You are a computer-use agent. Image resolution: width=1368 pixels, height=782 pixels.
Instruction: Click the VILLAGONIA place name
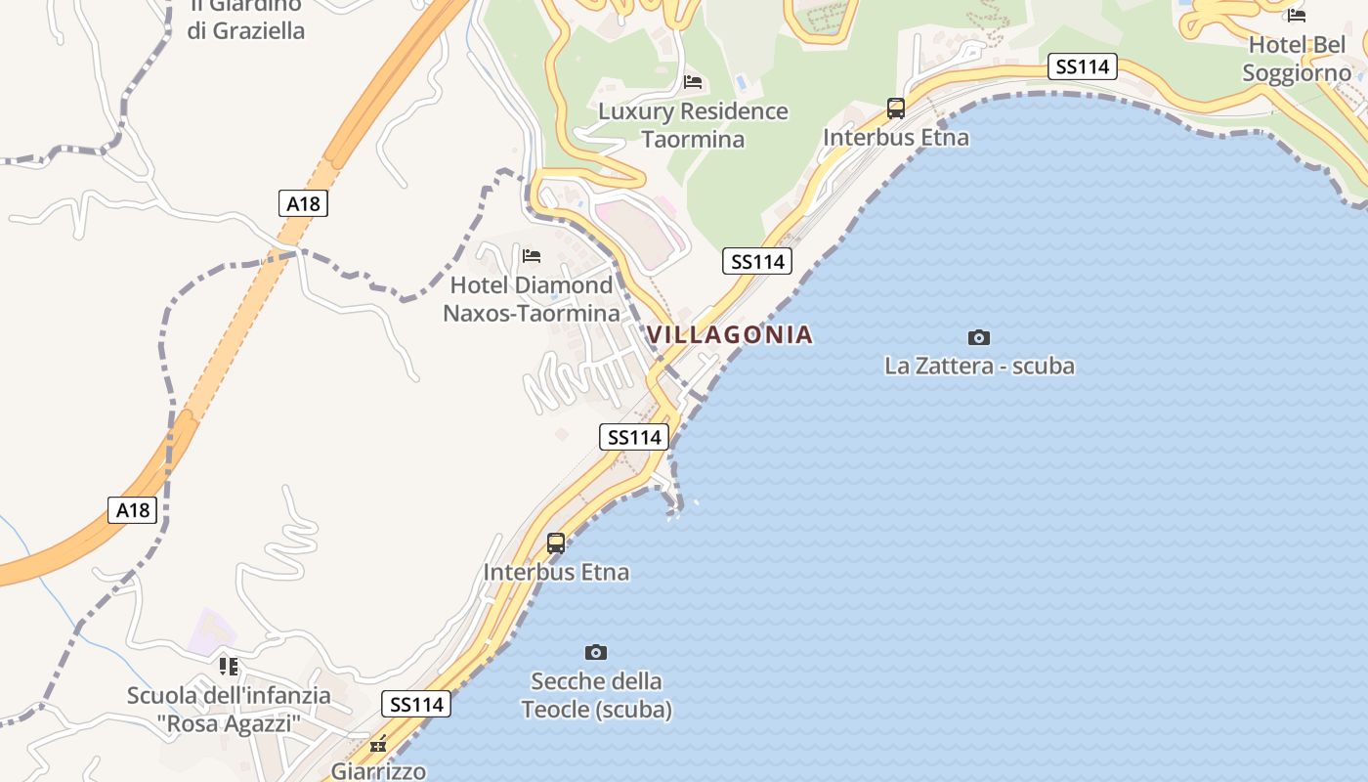[x=729, y=334]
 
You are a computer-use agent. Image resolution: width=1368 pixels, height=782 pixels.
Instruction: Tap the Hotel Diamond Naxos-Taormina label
[x=532, y=299]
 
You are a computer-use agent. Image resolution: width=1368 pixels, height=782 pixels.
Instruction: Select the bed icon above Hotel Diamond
[x=532, y=256]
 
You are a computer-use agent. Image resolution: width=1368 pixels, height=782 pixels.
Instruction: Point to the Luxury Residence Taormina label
[x=693, y=125]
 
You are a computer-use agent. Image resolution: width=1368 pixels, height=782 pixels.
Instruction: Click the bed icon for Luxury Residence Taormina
[x=693, y=82]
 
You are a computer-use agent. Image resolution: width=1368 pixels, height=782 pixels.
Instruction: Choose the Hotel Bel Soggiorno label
[x=1297, y=59]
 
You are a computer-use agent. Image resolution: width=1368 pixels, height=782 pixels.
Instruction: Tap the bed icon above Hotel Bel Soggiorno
[x=1297, y=16]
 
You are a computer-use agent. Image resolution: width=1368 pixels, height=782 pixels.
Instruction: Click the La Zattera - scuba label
[x=979, y=366]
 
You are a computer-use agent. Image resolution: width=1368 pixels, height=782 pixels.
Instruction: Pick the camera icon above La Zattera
[x=978, y=338]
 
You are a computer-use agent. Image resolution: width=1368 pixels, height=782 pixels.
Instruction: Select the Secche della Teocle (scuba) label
[x=596, y=695]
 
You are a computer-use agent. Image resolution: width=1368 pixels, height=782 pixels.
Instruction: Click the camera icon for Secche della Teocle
[x=595, y=652]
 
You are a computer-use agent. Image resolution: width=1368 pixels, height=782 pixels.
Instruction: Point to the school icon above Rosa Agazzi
[x=229, y=667]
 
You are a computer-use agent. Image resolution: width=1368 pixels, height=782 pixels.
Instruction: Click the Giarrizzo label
[x=378, y=771]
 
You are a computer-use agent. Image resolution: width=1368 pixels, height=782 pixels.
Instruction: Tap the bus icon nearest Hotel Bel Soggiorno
[x=896, y=109]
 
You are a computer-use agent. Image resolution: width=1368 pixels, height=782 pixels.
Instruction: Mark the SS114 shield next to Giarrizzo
[x=417, y=704]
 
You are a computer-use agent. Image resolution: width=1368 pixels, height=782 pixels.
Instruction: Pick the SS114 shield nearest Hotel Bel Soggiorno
[x=1083, y=66]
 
